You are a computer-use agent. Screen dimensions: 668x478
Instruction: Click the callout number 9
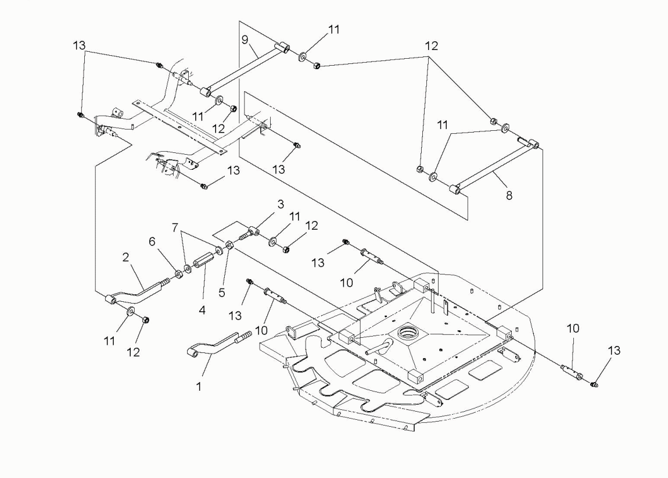click(245, 40)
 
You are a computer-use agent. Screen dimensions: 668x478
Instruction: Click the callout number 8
click(509, 195)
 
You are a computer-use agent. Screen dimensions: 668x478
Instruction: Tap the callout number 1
click(199, 387)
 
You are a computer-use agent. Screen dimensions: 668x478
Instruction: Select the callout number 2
click(125, 257)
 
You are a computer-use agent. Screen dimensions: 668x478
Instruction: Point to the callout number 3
click(281, 204)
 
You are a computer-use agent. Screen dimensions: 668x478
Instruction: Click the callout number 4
click(202, 310)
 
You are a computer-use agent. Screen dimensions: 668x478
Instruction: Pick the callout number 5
click(221, 292)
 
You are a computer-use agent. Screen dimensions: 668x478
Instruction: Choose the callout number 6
click(152, 242)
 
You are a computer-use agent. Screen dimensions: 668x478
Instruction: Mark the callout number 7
click(175, 228)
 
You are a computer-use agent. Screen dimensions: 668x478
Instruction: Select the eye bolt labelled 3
click(252, 233)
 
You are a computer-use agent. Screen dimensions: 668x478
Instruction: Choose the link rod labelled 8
click(495, 166)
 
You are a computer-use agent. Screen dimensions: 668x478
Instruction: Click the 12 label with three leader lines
click(431, 45)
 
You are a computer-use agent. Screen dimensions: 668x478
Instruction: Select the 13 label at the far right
click(614, 351)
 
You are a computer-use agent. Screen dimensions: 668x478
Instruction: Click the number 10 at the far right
click(573, 329)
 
